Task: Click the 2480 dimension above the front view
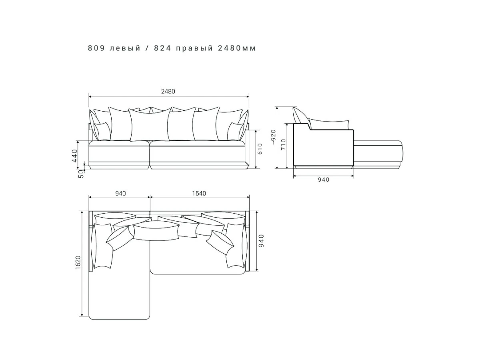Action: coord(168,91)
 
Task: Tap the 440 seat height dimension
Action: coord(75,156)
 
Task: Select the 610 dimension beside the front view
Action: coord(260,149)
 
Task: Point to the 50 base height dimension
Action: coord(81,174)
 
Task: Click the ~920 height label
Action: coord(274,137)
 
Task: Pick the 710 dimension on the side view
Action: coord(283,144)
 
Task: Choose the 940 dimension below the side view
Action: coord(324,180)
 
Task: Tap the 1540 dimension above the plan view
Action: coord(199,193)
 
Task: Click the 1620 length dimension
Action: coord(78,262)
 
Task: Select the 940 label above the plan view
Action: coord(120,193)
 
